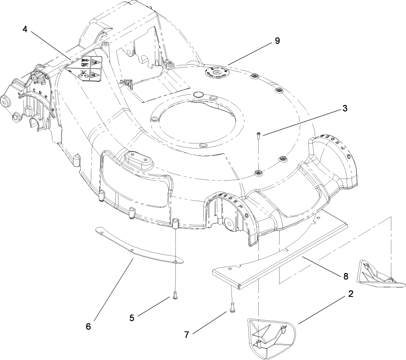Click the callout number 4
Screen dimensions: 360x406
[26, 30]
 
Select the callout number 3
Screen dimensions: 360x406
[345, 108]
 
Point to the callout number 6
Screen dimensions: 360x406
[88, 326]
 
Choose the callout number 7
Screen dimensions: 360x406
[187, 334]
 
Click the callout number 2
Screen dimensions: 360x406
[350, 294]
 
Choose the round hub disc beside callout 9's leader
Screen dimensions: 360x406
[216, 72]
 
